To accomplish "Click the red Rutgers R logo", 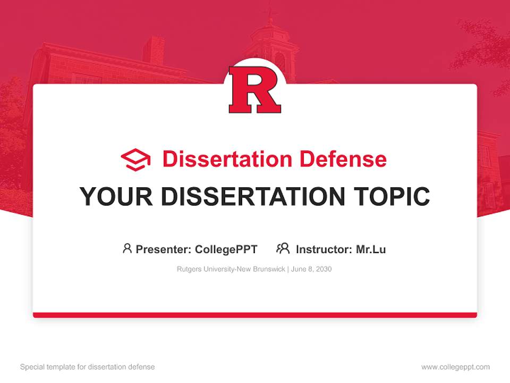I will (254, 90).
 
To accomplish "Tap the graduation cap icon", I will (135, 160).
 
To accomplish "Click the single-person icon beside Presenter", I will (127, 248).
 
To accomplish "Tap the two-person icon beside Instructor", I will (283, 248).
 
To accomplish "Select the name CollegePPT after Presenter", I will (226, 249).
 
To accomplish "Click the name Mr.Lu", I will (371, 249).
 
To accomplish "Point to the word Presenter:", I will (164, 249).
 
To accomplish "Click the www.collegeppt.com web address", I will (455, 367).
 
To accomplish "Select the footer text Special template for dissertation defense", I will (88, 367).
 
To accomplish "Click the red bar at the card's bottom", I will (255, 315).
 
